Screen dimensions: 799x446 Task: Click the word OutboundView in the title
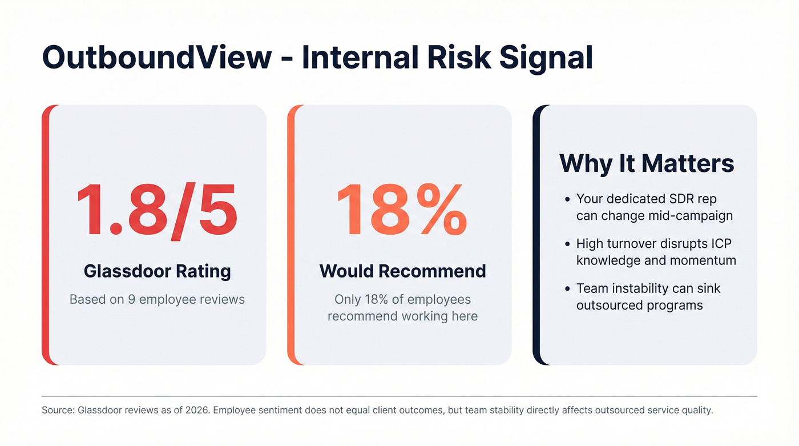(157, 58)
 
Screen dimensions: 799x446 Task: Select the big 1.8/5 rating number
(157, 211)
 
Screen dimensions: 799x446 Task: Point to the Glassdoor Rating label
(158, 271)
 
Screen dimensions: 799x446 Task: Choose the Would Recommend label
(402, 271)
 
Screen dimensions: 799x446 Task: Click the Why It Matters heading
(646, 164)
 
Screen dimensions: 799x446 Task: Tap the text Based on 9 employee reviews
(157, 299)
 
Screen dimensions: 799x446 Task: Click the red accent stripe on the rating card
(46, 235)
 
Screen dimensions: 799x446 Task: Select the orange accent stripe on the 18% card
(291, 235)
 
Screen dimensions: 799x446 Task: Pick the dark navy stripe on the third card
(536, 235)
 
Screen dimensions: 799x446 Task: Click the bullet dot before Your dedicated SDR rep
(567, 200)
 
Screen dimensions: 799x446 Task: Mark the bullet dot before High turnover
(567, 244)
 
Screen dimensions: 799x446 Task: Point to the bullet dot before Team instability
(567, 289)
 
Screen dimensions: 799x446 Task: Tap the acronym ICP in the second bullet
(721, 244)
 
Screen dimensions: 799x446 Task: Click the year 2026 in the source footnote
(197, 411)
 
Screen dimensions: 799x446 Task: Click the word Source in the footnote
(58, 411)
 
